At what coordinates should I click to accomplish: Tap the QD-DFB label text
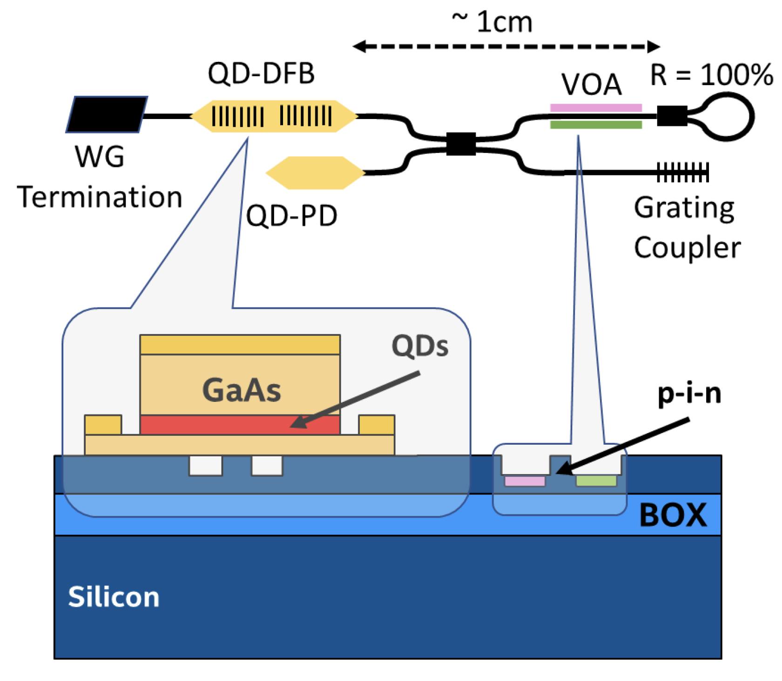tap(261, 73)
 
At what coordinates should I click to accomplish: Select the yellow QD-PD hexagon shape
tap(315, 173)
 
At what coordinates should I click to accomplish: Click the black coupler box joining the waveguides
tap(461, 144)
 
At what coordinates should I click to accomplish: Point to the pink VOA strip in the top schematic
tap(596, 108)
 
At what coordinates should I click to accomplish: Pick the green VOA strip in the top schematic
tap(596, 125)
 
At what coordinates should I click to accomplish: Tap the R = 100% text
tap(711, 74)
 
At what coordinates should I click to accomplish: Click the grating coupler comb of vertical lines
tap(682, 172)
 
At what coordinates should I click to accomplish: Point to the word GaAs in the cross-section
tap(242, 390)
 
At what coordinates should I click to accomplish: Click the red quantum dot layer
tap(240, 425)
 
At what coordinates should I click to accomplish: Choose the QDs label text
tap(420, 346)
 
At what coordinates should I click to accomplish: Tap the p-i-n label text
tap(689, 394)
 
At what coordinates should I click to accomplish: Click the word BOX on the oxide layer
tap(673, 515)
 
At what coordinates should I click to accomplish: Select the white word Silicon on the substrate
tap(114, 597)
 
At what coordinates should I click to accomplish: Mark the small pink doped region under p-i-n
tap(525, 481)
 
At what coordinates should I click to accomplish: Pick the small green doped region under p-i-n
tap(596, 481)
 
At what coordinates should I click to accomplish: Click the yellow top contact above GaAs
tap(240, 345)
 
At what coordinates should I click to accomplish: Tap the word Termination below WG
tap(100, 197)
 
